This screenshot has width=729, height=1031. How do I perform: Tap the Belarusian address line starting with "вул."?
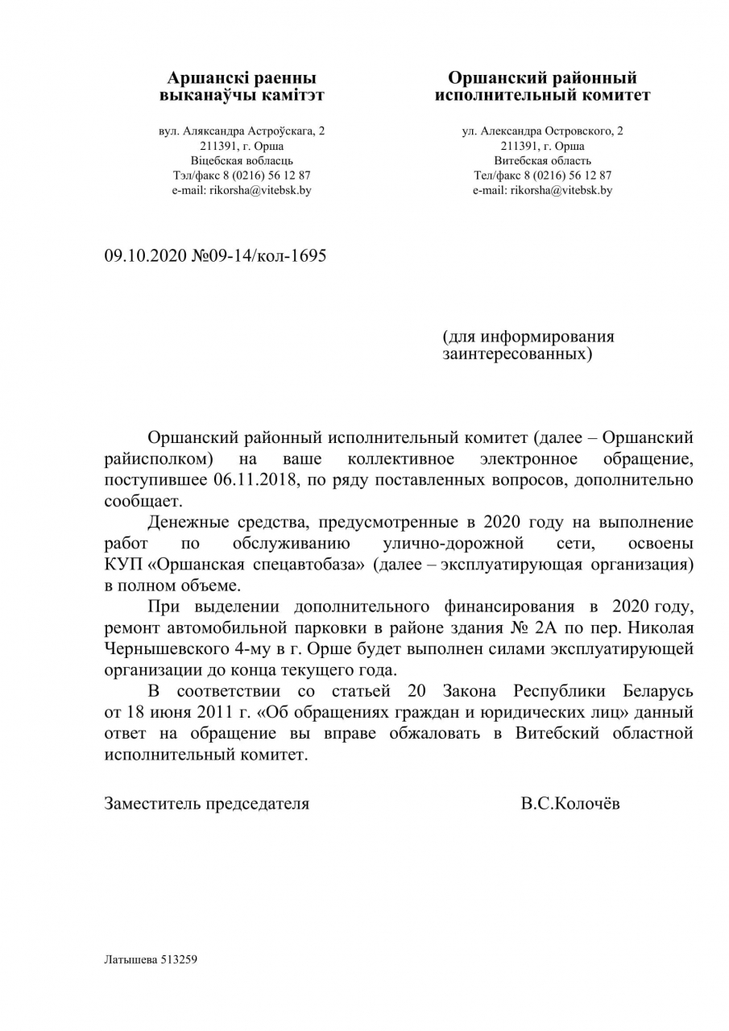click(x=242, y=130)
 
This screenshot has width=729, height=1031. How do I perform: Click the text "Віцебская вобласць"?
click(x=242, y=160)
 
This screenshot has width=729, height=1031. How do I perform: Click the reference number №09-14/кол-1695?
click(x=259, y=256)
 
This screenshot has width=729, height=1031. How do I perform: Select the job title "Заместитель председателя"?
click(x=207, y=803)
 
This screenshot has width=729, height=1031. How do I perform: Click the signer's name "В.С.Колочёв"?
click(x=570, y=803)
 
